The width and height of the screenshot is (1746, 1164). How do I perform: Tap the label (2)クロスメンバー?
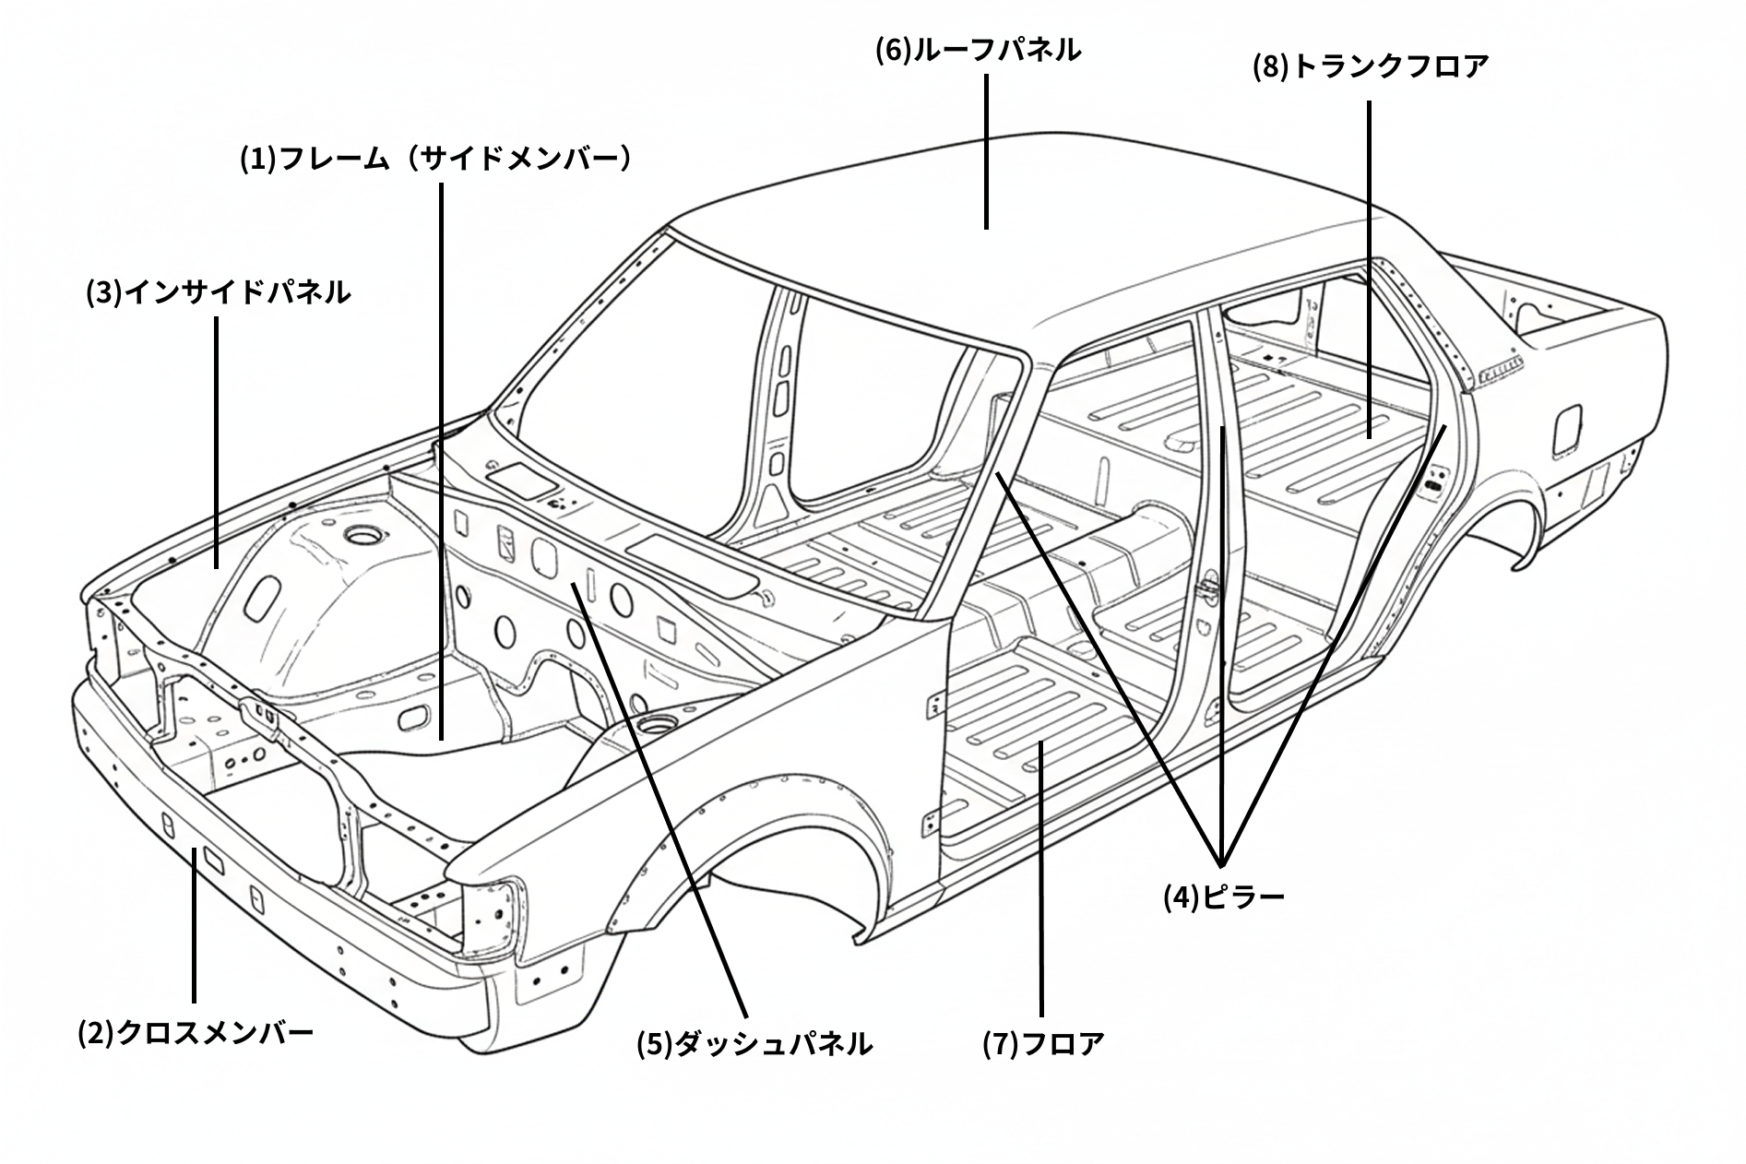(x=196, y=1032)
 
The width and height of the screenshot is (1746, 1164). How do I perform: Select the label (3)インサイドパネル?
(x=219, y=292)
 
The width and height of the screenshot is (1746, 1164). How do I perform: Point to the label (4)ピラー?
(x=1223, y=897)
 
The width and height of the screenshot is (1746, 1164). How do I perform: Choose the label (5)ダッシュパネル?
(x=754, y=1044)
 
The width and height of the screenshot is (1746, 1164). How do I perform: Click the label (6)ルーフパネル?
(x=978, y=50)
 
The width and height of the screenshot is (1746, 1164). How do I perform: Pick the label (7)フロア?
(x=1043, y=1044)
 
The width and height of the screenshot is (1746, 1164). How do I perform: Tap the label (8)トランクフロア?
(x=1370, y=66)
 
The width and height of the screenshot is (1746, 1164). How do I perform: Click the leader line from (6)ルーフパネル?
(x=986, y=152)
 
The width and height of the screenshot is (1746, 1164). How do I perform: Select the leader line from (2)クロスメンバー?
(x=195, y=922)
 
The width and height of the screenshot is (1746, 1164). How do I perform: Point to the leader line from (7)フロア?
(x=1041, y=876)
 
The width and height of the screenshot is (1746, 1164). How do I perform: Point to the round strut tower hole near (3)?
(x=357, y=534)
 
